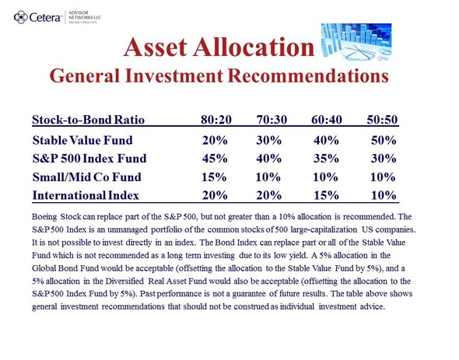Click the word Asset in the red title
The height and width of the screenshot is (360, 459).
[155, 47]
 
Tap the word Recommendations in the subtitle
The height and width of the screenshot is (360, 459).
[308, 75]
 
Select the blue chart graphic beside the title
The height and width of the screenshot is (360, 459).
[356, 42]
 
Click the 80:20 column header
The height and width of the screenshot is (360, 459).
[216, 120]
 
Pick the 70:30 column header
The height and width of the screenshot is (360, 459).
[272, 120]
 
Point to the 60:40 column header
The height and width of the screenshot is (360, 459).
[327, 120]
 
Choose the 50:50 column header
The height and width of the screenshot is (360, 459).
[382, 120]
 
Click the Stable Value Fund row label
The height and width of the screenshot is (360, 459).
[82, 140]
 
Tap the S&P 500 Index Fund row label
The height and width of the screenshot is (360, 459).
[89, 159]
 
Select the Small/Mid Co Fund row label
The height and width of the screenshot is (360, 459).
[86, 177]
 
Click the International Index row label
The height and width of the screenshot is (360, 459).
[86, 195]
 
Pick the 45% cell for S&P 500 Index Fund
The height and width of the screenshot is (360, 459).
[215, 159]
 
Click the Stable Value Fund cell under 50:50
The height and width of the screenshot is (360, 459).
[384, 140]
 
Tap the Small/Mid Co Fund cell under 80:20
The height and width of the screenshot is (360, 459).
[214, 177]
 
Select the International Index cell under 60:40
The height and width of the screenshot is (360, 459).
[326, 195]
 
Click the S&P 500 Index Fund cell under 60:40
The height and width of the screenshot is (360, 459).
[326, 159]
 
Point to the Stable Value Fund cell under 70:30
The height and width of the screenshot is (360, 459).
[268, 140]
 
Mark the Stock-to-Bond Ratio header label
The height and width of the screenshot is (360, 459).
[88, 120]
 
